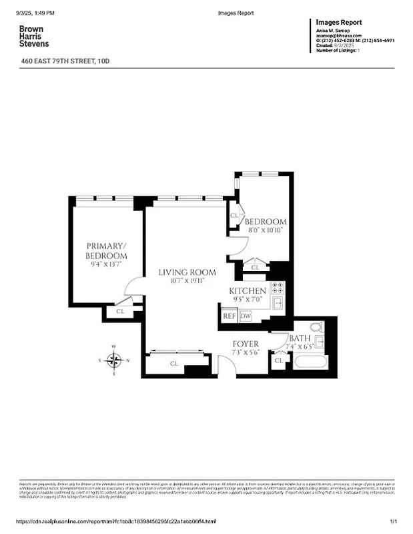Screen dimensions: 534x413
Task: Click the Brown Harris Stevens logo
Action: pyautogui.click(x=34, y=36)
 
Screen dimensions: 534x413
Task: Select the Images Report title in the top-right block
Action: pyautogui.click(x=340, y=22)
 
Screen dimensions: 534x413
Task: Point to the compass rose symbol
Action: pyautogui.click(x=115, y=360)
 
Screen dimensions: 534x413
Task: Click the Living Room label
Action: pyautogui.click(x=187, y=272)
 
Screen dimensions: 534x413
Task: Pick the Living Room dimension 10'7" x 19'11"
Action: pyautogui.click(x=187, y=281)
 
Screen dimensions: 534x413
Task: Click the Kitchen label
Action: pyautogui.click(x=248, y=291)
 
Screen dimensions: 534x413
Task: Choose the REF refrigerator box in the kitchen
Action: pyautogui.click(x=230, y=316)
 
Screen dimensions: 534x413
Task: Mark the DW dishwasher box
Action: pyautogui.click(x=246, y=316)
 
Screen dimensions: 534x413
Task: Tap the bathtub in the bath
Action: pyautogui.click(x=310, y=363)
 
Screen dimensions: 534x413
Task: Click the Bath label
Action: pyautogui.click(x=300, y=339)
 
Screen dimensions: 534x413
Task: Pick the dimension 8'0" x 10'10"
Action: pyautogui.click(x=265, y=230)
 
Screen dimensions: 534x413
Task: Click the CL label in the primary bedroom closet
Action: pyautogui.click(x=121, y=311)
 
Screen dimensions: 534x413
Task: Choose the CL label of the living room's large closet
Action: pyautogui.click(x=173, y=364)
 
